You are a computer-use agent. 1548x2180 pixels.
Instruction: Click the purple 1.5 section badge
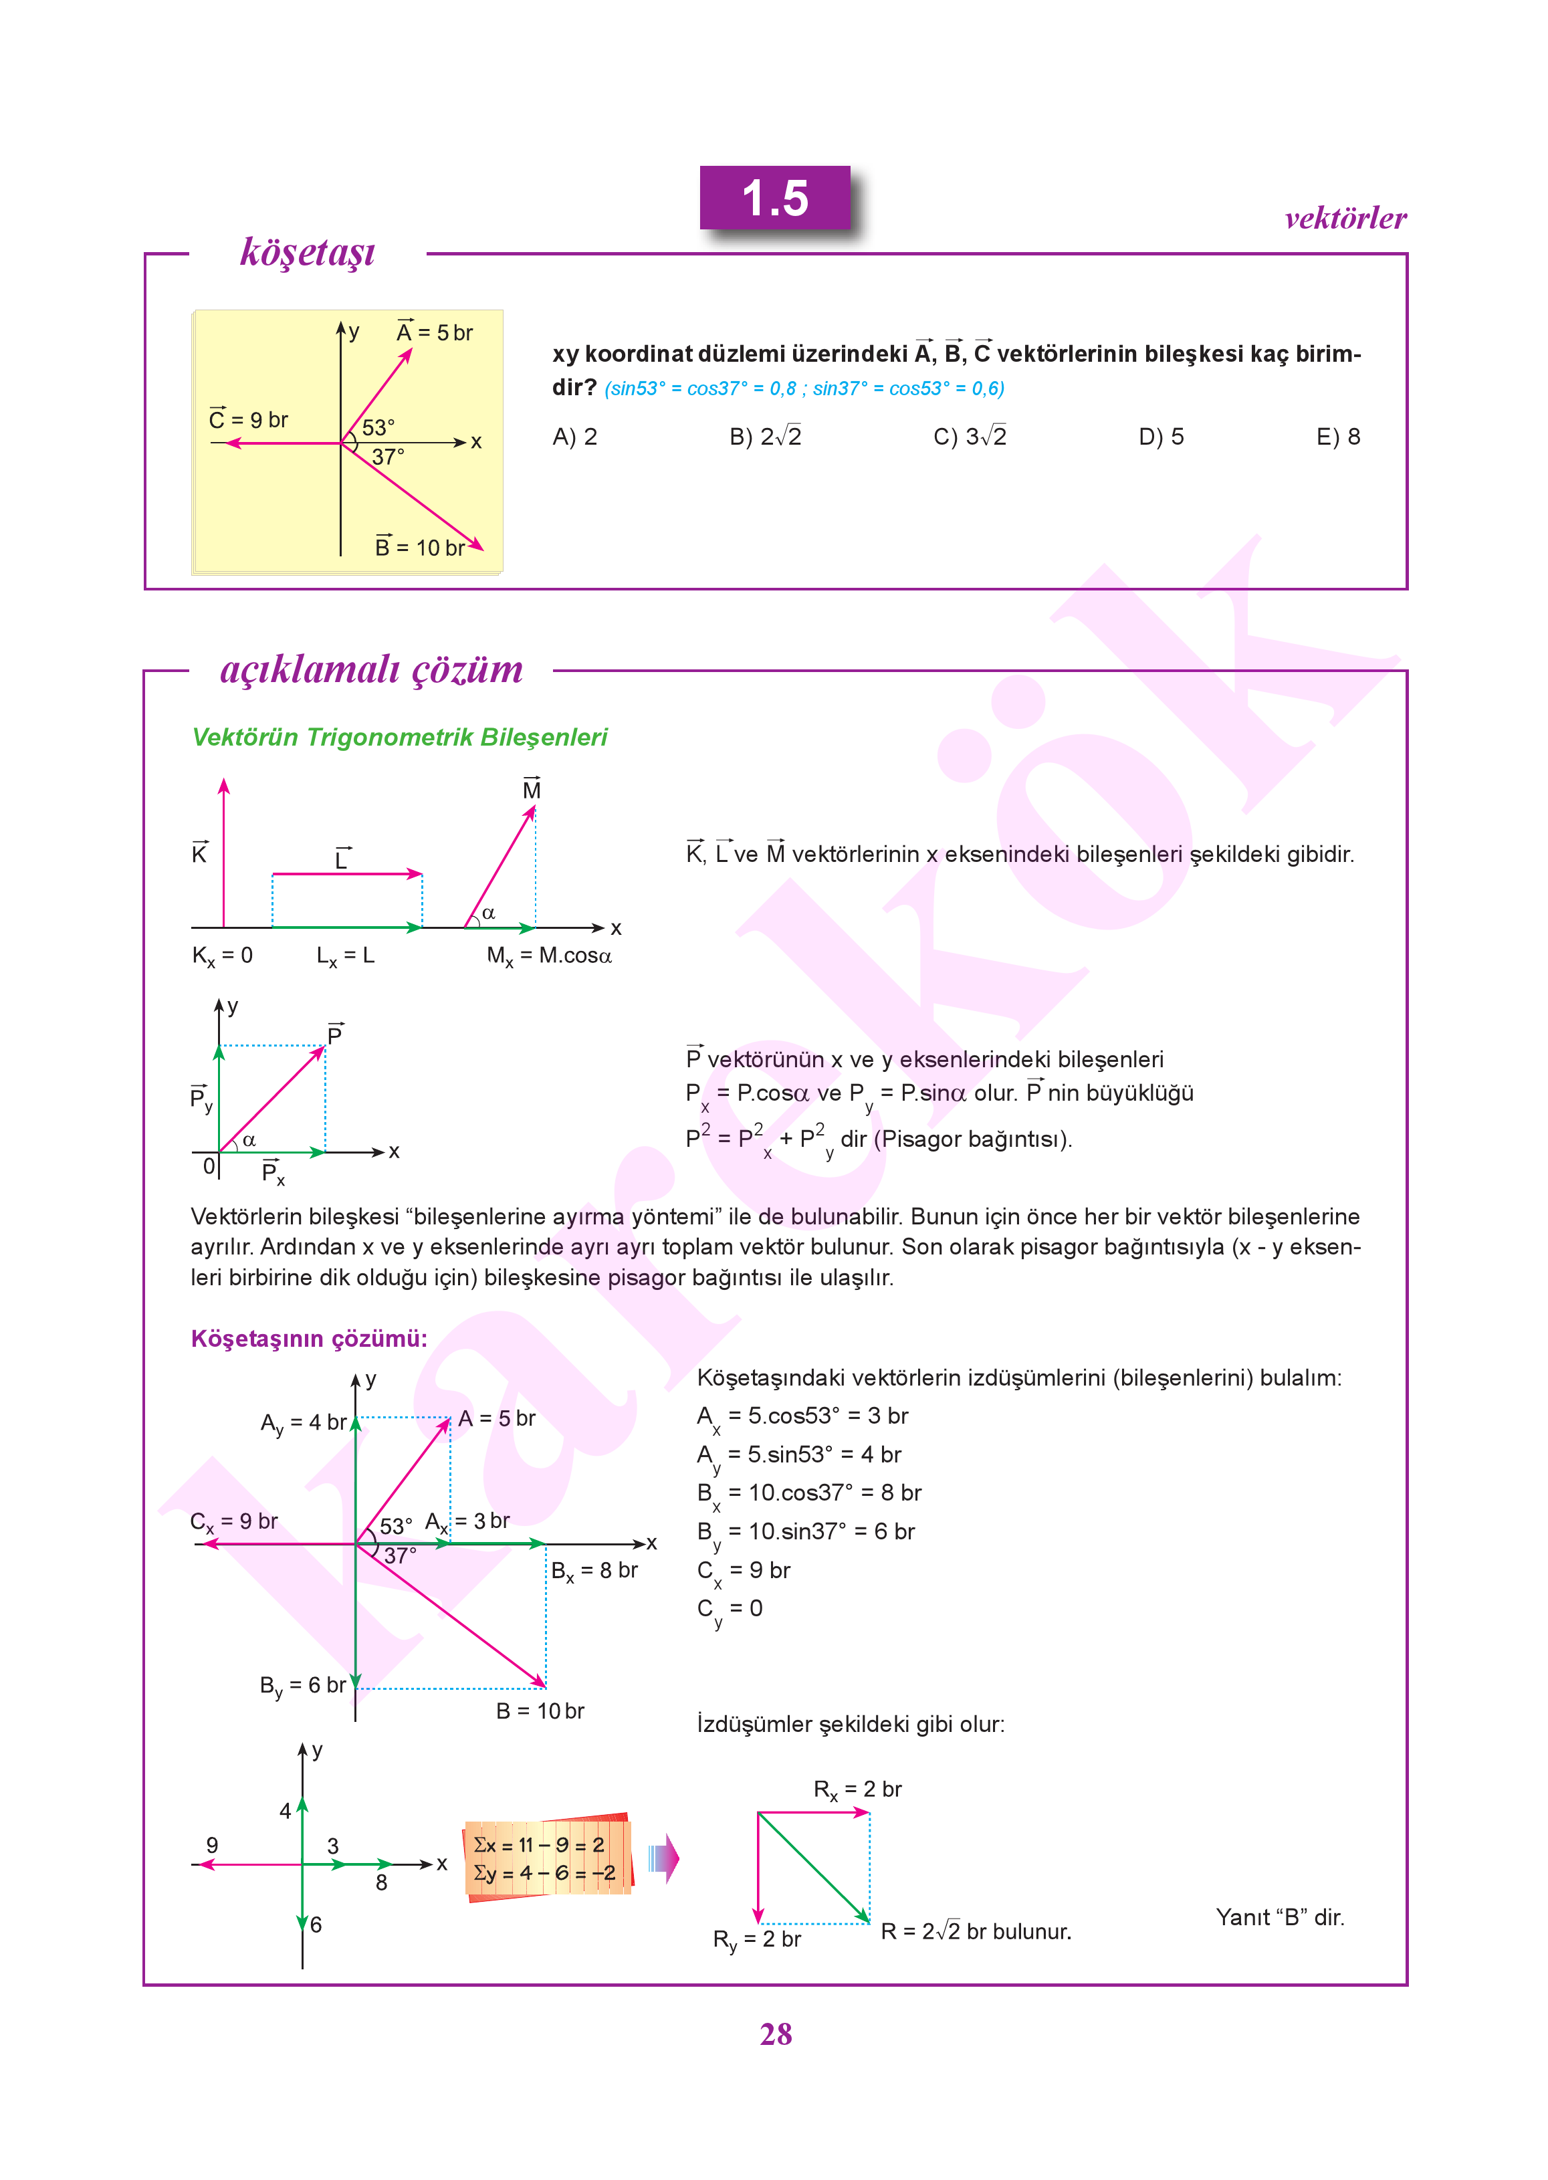774,198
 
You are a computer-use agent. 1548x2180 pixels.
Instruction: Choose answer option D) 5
1160,437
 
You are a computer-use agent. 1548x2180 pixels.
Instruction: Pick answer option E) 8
1337,437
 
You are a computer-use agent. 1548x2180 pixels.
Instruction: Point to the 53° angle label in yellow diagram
378,427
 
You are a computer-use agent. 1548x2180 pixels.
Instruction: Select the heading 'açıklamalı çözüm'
371,669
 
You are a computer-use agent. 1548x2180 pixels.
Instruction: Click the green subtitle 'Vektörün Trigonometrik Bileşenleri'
399,737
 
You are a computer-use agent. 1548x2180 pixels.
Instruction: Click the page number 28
775,2033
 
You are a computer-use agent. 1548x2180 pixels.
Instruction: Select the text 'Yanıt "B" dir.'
1279,1917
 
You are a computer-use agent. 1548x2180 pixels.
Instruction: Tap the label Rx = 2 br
857,1790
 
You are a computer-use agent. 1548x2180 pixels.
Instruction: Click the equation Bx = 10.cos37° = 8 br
808,1494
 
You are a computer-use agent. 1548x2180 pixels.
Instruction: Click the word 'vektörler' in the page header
1344,218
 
